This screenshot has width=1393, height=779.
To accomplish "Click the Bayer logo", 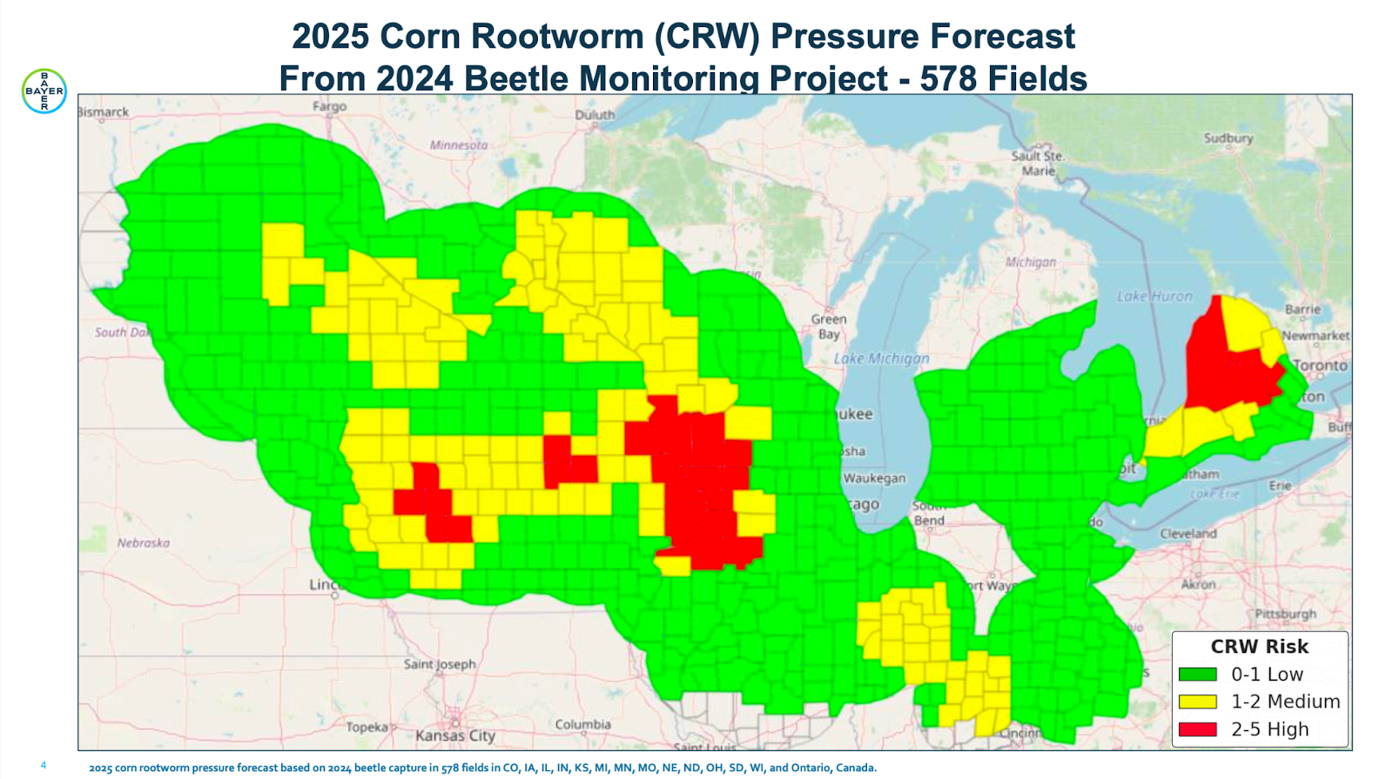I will click(x=44, y=91).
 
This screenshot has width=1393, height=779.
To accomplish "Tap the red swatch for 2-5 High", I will click(x=1197, y=729).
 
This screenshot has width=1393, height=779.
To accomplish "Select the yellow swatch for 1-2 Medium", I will click(x=1197, y=702).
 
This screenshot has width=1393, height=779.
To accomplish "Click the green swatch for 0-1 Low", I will click(x=1197, y=675).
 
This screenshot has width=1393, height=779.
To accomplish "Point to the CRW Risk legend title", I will click(x=1259, y=647).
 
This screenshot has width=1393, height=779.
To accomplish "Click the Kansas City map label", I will click(x=455, y=735).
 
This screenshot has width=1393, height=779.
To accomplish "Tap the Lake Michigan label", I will click(x=881, y=359).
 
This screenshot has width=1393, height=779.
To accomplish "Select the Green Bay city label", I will click(x=828, y=326).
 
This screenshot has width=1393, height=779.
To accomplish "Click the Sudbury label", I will click(x=1228, y=138).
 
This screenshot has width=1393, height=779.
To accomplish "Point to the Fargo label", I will click(x=329, y=106).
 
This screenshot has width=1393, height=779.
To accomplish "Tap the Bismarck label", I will click(x=104, y=112).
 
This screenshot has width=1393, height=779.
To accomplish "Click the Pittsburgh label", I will click(x=1285, y=614).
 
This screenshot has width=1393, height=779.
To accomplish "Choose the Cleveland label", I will click(x=1188, y=533).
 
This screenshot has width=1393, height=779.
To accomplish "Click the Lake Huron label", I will click(x=1154, y=296).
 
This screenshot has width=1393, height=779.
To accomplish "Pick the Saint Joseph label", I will click(x=440, y=664).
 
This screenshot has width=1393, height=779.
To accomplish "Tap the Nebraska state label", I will click(x=144, y=543).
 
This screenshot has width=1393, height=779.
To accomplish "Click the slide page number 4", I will click(x=44, y=765).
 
